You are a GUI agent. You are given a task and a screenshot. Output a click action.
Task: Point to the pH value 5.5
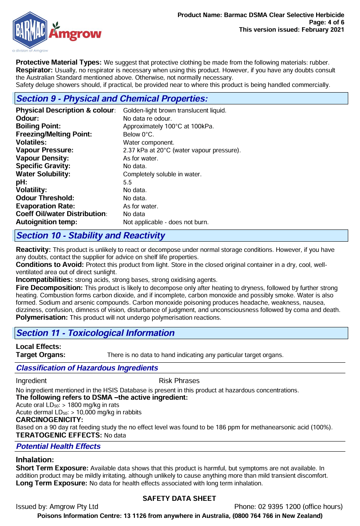pyautogui.click(x=128, y=182)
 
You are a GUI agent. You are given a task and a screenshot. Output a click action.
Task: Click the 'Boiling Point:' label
pyautogui.click(x=38, y=126)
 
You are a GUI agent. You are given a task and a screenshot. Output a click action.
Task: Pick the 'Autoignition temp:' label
pyautogui.click(x=46, y=222)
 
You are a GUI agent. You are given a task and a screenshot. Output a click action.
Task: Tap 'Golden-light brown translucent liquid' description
pyautogui.click(x=174, y=110)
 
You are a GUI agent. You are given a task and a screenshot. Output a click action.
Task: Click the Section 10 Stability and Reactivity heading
pyautogui.click(x=91, y=236)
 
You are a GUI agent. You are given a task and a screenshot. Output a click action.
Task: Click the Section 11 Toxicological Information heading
pyautogui.click(x=95, y=333)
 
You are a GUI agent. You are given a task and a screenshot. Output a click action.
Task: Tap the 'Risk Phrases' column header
pyautogui.click(x=179, y=381)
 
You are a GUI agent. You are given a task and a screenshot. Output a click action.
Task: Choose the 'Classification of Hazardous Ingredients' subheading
pyautogui.click(x=87, y=368)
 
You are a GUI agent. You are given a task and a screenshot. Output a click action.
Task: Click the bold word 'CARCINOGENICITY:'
pyautogui.click(x=50, y=420)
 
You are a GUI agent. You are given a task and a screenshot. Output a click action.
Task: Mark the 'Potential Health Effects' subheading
pyautogui.click(x=58, y=446)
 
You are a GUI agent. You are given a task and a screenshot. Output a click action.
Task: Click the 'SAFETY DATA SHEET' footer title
pyautogui.click(x=179, y=498)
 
